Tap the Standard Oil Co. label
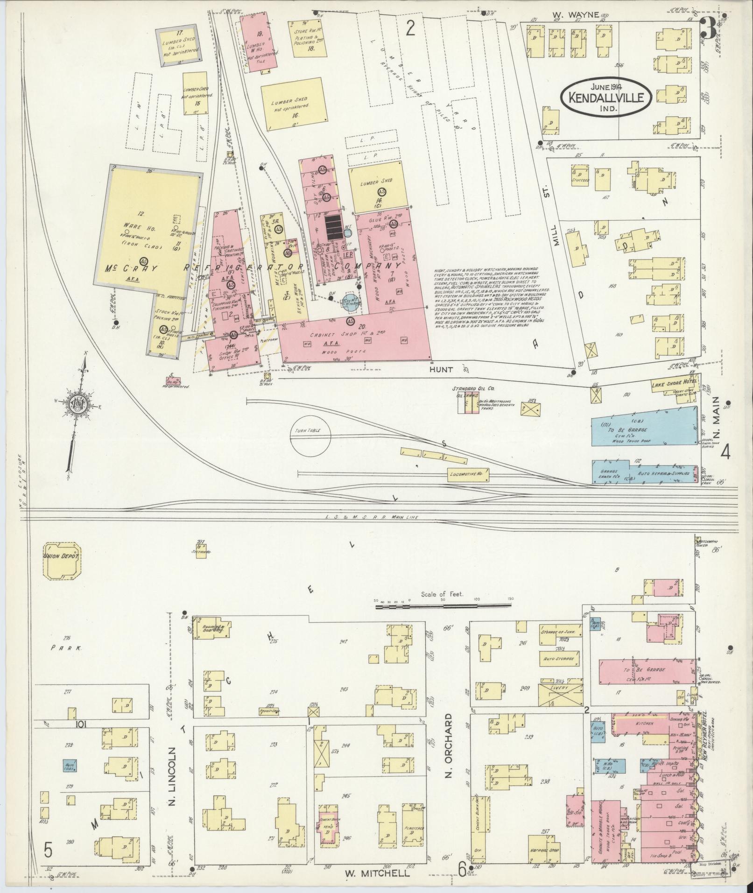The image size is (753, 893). pyautogui.click(x=473, y=388)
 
